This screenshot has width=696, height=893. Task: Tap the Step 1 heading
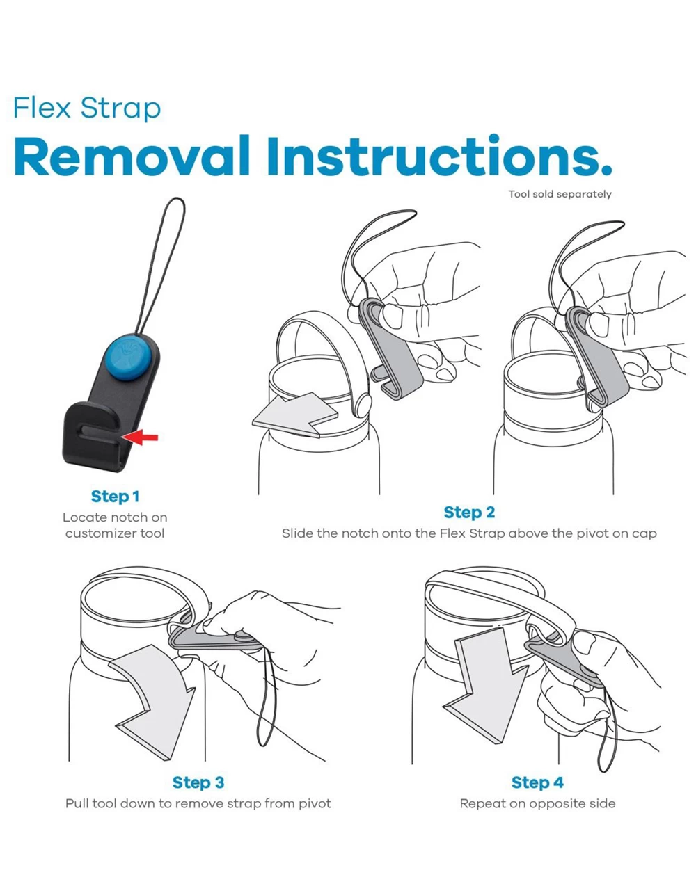tap(115, 497)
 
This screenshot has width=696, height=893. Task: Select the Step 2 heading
tap(469, 513)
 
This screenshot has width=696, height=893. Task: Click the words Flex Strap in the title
tap(87, 108)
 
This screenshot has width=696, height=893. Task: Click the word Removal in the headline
tap(132, 156)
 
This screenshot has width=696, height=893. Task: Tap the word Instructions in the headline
tap(439, 156)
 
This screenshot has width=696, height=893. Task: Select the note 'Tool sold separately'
tap(560, 194)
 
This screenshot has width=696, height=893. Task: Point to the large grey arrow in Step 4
tap(485, 684)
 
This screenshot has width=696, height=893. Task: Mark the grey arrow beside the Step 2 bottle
tap(295, 415)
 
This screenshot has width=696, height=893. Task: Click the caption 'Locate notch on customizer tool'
tap(115, 525)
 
